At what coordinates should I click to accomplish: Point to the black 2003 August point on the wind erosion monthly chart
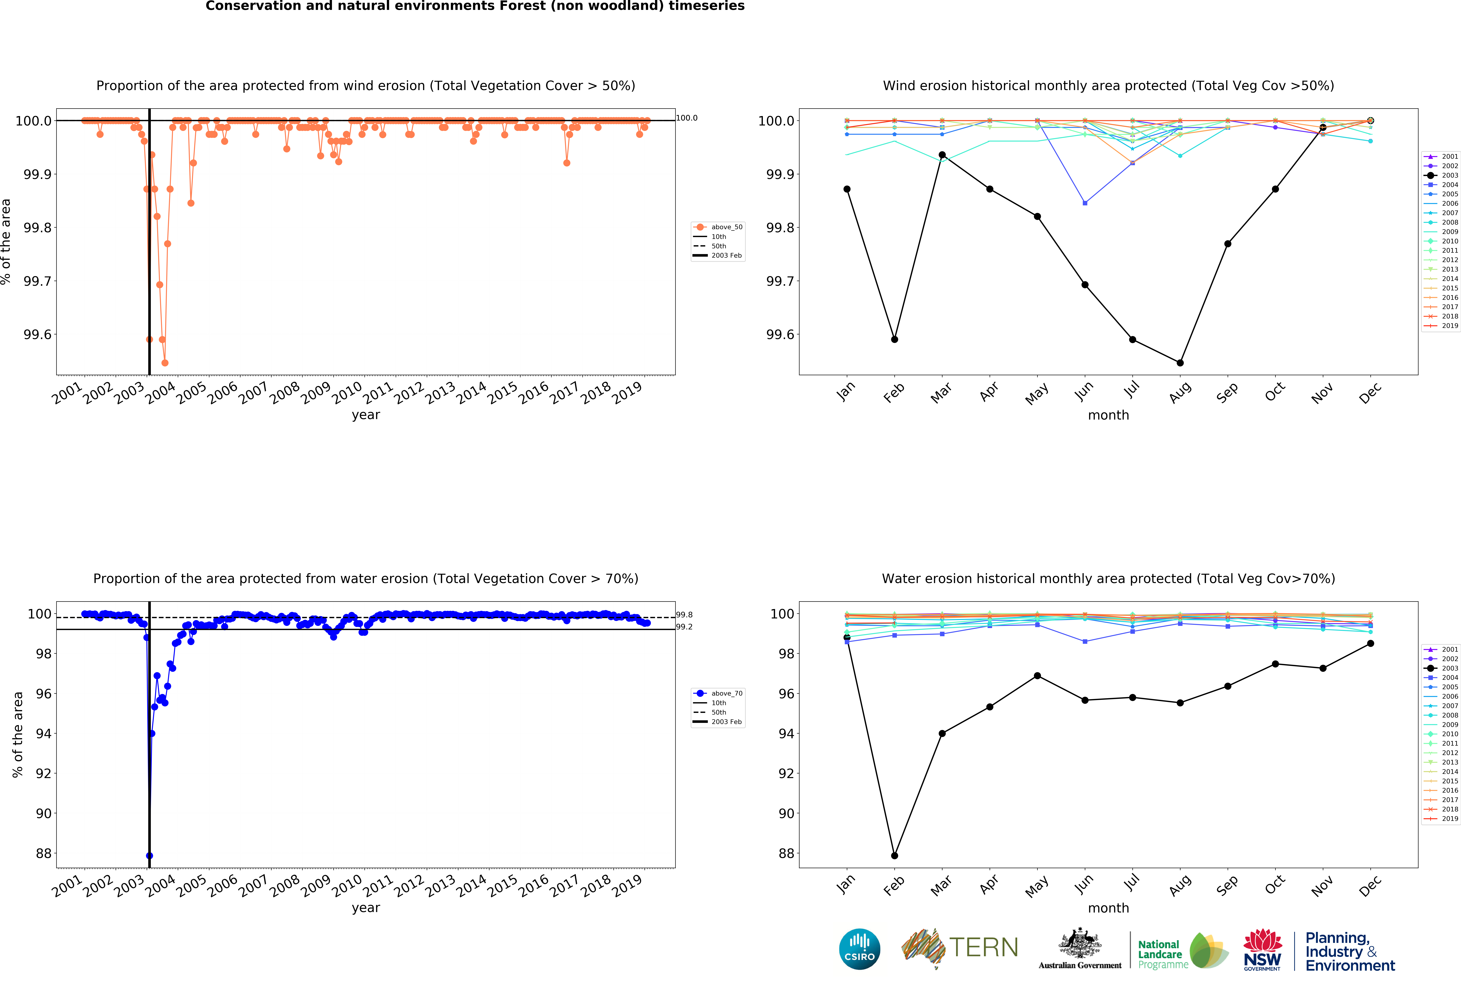1180,363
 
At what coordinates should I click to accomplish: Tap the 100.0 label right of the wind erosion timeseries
687,118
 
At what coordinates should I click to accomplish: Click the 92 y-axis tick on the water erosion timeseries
43,773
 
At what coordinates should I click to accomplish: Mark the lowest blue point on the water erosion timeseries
149,856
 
